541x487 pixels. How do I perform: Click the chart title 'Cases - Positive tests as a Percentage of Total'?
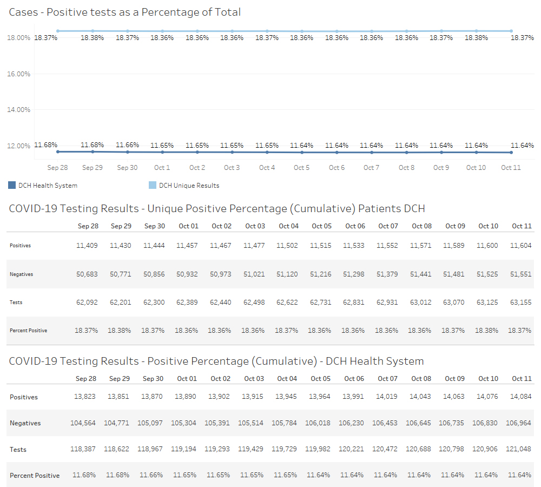point(125,12)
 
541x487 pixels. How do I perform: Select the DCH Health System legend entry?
point(43,186)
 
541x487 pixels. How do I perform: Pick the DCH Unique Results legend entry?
point(184,186)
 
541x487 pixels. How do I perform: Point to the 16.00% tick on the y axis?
point(18,74)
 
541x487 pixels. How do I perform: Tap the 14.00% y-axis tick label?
point(18,109)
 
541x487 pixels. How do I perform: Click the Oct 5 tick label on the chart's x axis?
point(301,168)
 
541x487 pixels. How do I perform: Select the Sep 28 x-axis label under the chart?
point(57,168)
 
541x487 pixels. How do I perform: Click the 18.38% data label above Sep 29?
point(92,38)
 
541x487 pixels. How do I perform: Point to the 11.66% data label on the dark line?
point(127,145)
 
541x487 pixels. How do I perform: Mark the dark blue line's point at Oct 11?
point(511,153)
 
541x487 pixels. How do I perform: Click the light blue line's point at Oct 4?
point(267,31)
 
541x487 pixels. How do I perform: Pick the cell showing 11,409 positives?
point(87,246)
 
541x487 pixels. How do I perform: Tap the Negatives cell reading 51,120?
point(287,274)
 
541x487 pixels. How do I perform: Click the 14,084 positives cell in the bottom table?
point(520,397)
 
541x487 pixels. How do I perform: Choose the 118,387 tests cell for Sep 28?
point(83,450)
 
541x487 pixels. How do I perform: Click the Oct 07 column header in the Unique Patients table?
point(388,226)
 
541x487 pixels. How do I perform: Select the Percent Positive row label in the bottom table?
point(35,476)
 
